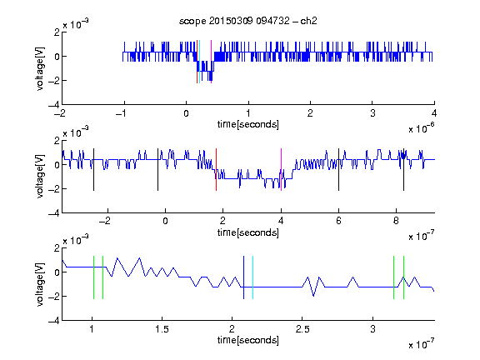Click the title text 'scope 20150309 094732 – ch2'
pyautogui.click(x=248, y=21)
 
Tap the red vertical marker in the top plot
pyautogui.click(x=197, y=62)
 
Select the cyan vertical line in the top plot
pyautogui.click(x=200, y=62)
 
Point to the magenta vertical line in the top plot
pyautogui.click(x=211, y=62)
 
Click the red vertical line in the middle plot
pyautogui.click(x=216, y=170)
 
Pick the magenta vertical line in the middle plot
pyautogui.click(x=281, y=170)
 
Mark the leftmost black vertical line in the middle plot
pyautogui.click(x=93, y=170)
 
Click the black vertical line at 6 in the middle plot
pyautogui.click(x=338, y=170)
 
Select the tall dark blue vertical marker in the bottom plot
pyautogui.click(x=243, y=277)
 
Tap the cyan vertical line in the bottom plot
pyautogui.click(x=252, y=277)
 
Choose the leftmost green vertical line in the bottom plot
pyautogui.click(x=93, y=277)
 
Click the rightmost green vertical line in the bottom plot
pyautogui.click(x=404, y=277)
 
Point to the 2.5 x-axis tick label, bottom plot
pyautogui.click(x=302, y=329)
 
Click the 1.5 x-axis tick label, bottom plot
pyautogui.click(x=162, y=329)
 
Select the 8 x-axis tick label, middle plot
pyautogui.click(x=396, y=221)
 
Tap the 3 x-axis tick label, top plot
pyautogui.click(x=372, y=113)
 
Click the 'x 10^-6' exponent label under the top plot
pyautogui.click(x=422, y=128)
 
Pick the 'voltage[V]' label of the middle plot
pyautogui.click(x=40, y=177)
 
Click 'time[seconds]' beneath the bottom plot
pyautogui.click(x=248, y=340)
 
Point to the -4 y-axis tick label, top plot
pyautogui.click(x=54, y=105)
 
